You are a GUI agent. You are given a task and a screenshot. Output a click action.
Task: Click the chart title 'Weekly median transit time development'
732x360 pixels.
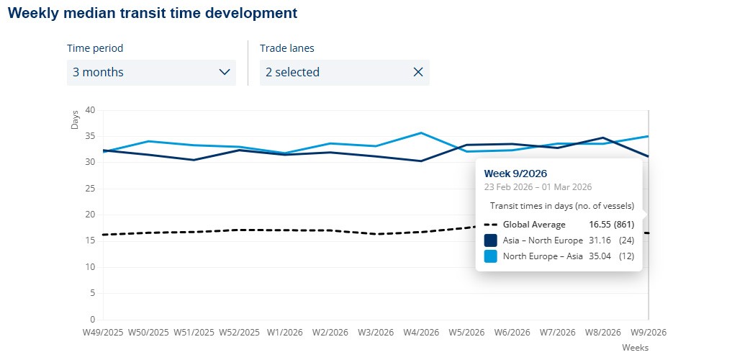153,13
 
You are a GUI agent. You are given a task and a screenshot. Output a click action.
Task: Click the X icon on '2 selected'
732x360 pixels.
418,72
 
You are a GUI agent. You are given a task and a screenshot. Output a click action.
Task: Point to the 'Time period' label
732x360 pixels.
95,48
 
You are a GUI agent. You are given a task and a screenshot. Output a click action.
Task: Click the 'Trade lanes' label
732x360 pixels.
290,48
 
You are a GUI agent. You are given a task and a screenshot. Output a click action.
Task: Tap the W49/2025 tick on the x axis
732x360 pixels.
104,333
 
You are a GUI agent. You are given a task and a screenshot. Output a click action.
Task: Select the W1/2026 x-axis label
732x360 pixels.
285,333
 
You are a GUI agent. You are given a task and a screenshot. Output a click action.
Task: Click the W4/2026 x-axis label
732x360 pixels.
421,333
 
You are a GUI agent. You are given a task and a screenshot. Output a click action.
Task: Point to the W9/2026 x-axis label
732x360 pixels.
648,333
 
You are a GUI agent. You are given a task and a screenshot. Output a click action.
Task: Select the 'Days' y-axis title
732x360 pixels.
76,120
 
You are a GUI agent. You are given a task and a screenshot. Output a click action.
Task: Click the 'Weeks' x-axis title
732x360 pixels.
636,348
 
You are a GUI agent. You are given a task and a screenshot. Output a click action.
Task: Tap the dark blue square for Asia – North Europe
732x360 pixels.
490,240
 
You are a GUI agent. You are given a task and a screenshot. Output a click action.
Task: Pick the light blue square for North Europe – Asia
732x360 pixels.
490,256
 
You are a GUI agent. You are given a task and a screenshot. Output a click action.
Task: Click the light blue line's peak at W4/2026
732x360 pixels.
421,132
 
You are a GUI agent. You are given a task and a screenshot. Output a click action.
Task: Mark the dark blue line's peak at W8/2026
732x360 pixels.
603,138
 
